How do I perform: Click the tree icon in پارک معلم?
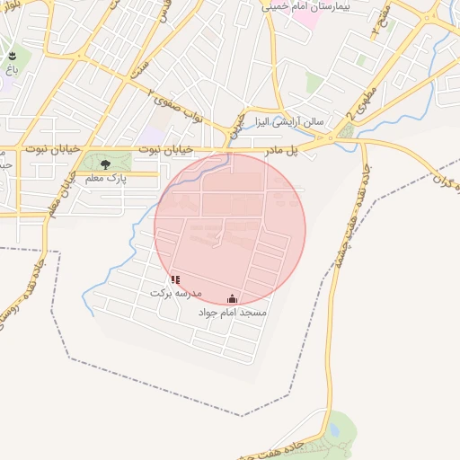click(x=106, y=164)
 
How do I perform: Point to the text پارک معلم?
click(x=106, y=180)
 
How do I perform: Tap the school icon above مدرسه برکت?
click(x=175, y=279)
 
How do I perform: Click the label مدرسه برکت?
click(x=176, y=294)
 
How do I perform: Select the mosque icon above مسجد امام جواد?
click(x=233, y=298)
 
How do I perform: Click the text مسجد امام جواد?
click(x=233, y=313)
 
